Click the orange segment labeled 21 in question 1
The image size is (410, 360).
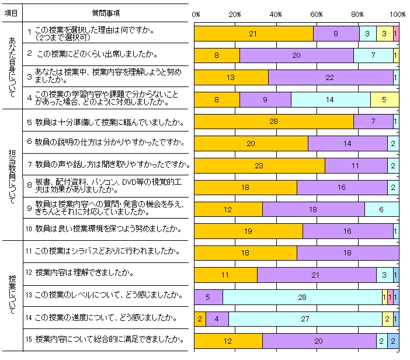click(x=253, y=34)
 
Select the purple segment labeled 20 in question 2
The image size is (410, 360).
click(x=296, y=56)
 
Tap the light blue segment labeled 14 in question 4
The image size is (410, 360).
click(x=330, y=100)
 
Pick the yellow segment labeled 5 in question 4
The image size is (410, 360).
click(x=384, y=100)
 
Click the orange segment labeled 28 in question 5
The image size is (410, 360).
click(x=273, y=121)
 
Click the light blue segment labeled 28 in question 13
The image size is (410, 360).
click(x=302, y=297)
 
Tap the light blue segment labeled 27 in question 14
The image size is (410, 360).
click(x=305, y=319)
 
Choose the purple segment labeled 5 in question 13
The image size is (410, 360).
click(x=208, y=297)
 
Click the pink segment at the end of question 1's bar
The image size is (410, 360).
click(x=396, y=34)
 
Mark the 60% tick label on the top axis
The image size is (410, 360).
click(x=317, y=14)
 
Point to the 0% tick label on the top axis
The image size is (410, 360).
click(x=196, y=14)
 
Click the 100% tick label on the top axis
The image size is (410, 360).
click(x=398, y=14)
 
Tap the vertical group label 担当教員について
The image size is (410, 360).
click(x=12, y=174)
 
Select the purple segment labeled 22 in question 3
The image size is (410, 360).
click(x=331, y=78)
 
